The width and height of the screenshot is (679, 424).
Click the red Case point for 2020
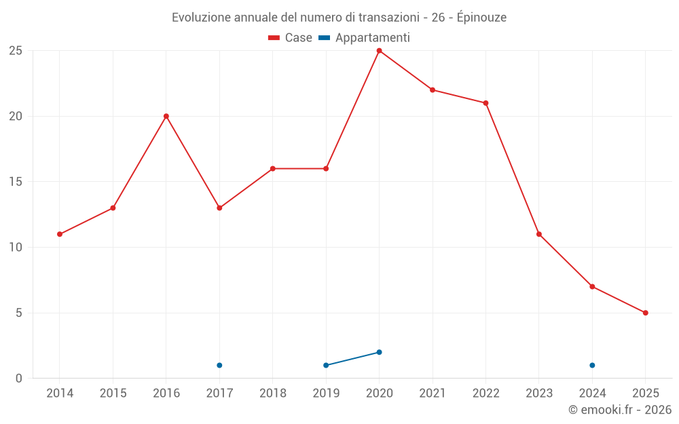[x=379, y=51]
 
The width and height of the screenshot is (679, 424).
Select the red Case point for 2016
[x=166, y=116]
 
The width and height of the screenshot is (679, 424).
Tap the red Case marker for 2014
[x=60, y=234]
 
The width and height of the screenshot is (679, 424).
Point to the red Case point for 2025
[x=645, y=313]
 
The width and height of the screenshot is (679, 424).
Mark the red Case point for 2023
[x=539, y=234]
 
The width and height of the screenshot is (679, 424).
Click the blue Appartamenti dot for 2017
[x=219, y=365]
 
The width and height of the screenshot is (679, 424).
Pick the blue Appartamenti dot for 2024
[x=592, y=365]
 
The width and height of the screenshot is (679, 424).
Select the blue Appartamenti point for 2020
[x=379, y=352]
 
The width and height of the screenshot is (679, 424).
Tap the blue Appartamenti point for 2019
[x=326, y=365]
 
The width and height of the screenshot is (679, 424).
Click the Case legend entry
[x=291, y=38]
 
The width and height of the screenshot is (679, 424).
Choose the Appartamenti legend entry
[x=365, y=38]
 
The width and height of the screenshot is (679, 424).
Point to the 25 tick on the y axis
[x=16, y=51]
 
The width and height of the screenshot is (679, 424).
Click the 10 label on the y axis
[x=16, y=248]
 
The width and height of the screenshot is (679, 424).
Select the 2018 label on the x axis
[x=272, y=393]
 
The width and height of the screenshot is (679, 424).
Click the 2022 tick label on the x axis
[x=485, y=393]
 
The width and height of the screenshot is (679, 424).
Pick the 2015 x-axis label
[x=113, y=393]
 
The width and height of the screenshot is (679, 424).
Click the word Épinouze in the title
[x=481, y=18]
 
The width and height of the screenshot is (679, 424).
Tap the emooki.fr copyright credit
[x=619, y=410]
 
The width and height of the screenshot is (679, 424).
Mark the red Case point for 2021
[x=433, y=90]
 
